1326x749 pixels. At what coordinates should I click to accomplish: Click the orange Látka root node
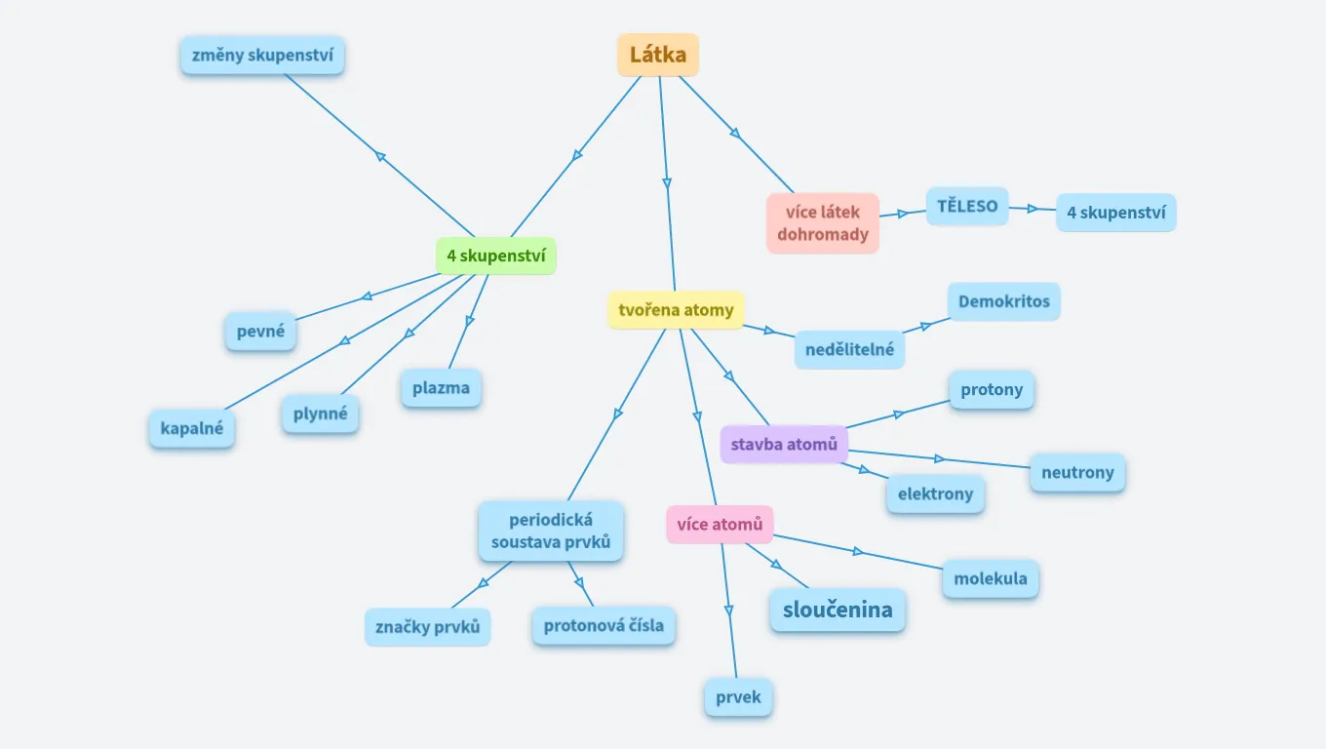pyautogui.click(x=658, y=55)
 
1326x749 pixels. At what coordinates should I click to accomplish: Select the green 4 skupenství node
pyautogui.click(x=495, y=256)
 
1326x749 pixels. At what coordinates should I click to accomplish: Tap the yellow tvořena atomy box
pyautogui.click(x=676, y=310)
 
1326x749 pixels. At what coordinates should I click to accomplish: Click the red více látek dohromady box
pyautogui.click(x=823, y=223)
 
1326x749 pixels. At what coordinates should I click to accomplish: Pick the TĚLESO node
pyautogui.click(x=967, y=206)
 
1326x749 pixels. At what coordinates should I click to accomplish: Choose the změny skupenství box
pyautogui.click(x=262, y=55)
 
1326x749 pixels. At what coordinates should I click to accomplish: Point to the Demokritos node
pyautogui.click(x=1003, y=301)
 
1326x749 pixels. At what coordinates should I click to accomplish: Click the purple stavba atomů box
pyautogui.click(x=784, y=445)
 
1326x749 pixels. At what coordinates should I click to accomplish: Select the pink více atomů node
pyautogui.click(x=720, y=525)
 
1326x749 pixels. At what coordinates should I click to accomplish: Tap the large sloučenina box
pyautogui.click(x=838, y=611)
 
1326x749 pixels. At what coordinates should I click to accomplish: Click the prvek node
pyautogui.click(x=738, y=697)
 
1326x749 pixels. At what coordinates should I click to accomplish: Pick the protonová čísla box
pyautogui.click(x=604, y=625)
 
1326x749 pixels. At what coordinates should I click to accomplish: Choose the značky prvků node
pyautogui.click(x=428, y=627)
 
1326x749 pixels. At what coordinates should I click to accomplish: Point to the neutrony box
pyautogui.click(x=1077, y=472)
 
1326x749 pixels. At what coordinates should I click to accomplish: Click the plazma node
pyautogui.click(x=441, y=387)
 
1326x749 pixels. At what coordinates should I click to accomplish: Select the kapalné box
pyautogui.click(x=192, y=428)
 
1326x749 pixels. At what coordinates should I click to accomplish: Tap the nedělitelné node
pyautogui.click(x=849, y=349)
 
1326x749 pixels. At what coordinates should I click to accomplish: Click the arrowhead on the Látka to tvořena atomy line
pyautogui.click(x=667, y=182)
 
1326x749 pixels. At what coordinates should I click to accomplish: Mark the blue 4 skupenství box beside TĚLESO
pyautogui.click(x=1115, y=213)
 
